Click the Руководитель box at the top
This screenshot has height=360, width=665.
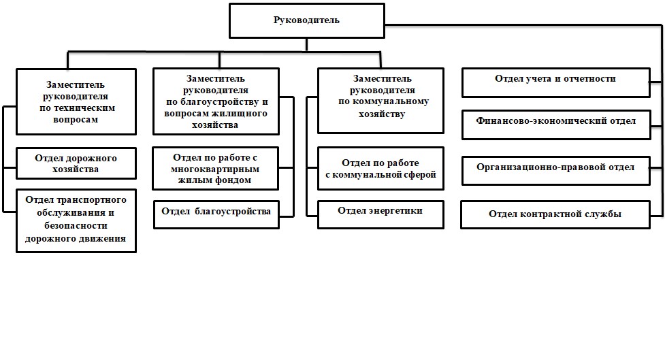tap(306, 21)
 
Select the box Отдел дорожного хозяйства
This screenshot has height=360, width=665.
tap(76, 163)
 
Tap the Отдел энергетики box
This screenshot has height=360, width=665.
tap(380, 214)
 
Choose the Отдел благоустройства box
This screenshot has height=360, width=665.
tap(216, 214)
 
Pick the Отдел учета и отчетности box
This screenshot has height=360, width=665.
tap(555, 83)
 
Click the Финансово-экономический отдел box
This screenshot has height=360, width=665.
tap(556, 125)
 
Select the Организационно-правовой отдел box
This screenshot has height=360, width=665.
tap(555, 171)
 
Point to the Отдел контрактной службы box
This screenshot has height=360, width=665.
tap(555, 214)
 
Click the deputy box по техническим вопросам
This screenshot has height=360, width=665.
tap(76, 102)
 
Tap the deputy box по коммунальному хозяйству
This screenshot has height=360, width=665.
tap(380, 101)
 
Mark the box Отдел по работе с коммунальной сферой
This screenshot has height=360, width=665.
tap(380, 168)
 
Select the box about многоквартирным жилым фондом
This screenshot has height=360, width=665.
tap(216, 168)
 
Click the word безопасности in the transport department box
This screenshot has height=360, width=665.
tap(76, 225)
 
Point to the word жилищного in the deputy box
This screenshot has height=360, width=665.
tap(246, 114)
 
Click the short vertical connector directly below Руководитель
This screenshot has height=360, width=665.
tap(306, 45)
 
